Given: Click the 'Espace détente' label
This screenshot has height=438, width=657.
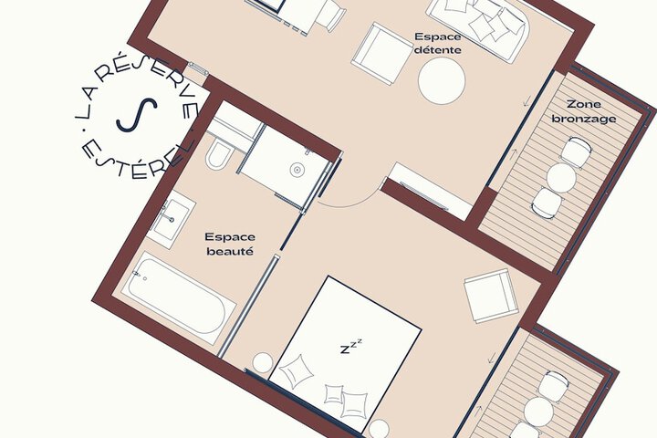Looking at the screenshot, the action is click(438, 43).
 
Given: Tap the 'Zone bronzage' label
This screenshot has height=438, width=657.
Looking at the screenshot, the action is click(584, 111).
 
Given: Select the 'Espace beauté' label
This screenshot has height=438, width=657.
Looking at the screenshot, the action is click(230, 244).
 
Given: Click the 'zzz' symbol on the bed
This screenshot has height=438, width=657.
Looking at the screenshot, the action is click(350, 347).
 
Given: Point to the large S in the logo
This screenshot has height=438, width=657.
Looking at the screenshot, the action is click(137, 115).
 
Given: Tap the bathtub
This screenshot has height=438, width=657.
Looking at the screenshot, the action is click(180, 297).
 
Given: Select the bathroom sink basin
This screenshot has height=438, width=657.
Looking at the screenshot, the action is click(171, 218).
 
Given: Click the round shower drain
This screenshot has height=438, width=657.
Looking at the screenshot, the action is click(297, 170).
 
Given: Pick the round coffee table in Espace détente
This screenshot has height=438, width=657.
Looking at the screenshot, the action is click(442, 81).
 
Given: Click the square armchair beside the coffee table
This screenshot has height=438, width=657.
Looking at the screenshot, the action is click(381, 54).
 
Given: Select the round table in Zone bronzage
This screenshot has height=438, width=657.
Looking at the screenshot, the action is click(561, 178).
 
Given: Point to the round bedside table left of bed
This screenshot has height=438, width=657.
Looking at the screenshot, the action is click(263, 363).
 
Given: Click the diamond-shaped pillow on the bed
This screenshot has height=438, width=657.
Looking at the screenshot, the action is click(297, 371).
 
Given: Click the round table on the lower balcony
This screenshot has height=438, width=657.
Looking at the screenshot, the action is click(538, 412).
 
